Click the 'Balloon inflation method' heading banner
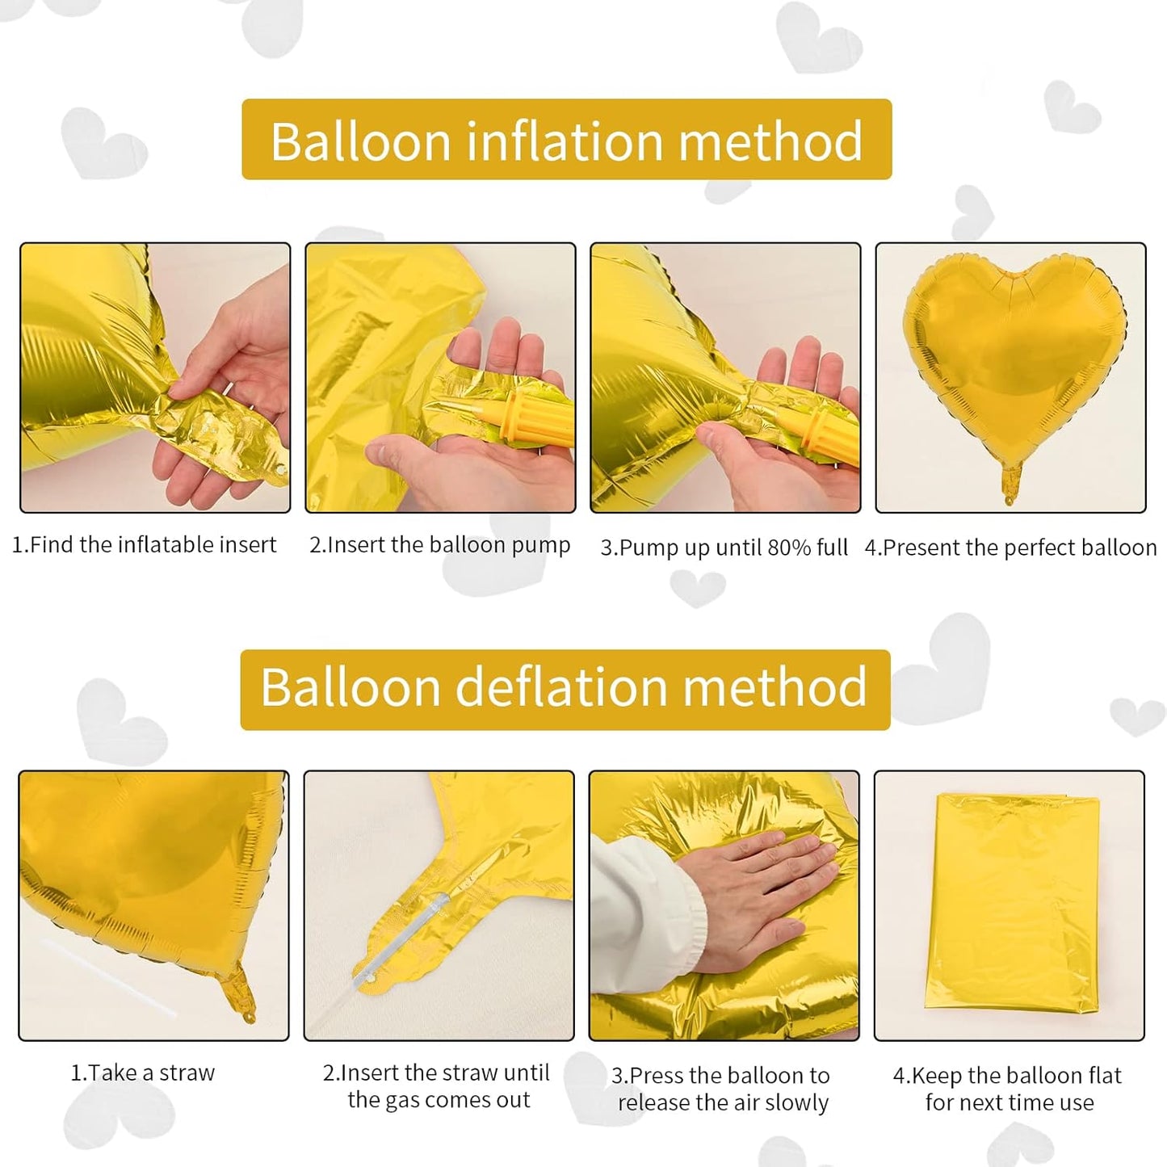[x=566, y=140]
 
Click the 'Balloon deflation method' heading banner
[x=565, y=689]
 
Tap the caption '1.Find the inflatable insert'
[x=144, y=545]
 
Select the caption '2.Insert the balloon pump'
[x=440, y=545]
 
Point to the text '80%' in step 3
[x=789, y=548]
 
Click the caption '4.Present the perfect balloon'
[x=1010, y=548]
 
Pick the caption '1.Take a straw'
[x=143, y=1073]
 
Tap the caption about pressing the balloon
[x=721, y=1089]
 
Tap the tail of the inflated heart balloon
[x=1010, y=483]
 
